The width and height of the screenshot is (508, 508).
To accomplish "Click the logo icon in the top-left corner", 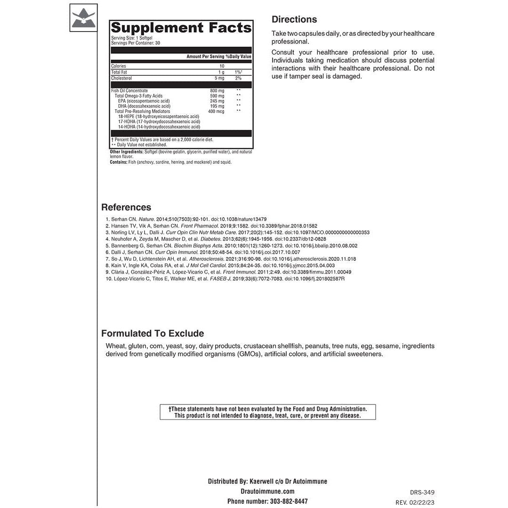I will [83, 17].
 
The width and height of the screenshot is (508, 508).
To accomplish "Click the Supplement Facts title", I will [181, 28].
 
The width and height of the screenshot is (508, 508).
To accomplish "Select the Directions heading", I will [294, 20].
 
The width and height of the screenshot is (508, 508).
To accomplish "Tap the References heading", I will [126, 208].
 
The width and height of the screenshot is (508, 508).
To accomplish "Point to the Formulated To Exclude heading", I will [153, 334].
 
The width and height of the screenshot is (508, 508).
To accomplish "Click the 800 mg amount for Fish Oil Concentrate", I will [217, 91].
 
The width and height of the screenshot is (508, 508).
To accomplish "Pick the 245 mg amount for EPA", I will [217, 101].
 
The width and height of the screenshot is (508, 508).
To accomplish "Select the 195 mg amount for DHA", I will [217, 106].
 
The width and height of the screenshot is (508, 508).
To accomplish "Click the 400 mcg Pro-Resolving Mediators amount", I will [216, 111].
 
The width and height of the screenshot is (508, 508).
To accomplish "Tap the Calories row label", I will [118, 66].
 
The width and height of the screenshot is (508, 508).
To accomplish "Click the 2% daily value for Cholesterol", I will [238, 78].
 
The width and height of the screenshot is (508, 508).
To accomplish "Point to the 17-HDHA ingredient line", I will [159, 121].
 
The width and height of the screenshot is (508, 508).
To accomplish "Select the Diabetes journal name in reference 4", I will [211, 239].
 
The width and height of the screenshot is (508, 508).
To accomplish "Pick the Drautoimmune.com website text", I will [267, 491].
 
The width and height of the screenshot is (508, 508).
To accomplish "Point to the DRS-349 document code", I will [422, 492].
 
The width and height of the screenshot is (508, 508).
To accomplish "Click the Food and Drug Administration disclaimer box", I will [267, 412].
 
